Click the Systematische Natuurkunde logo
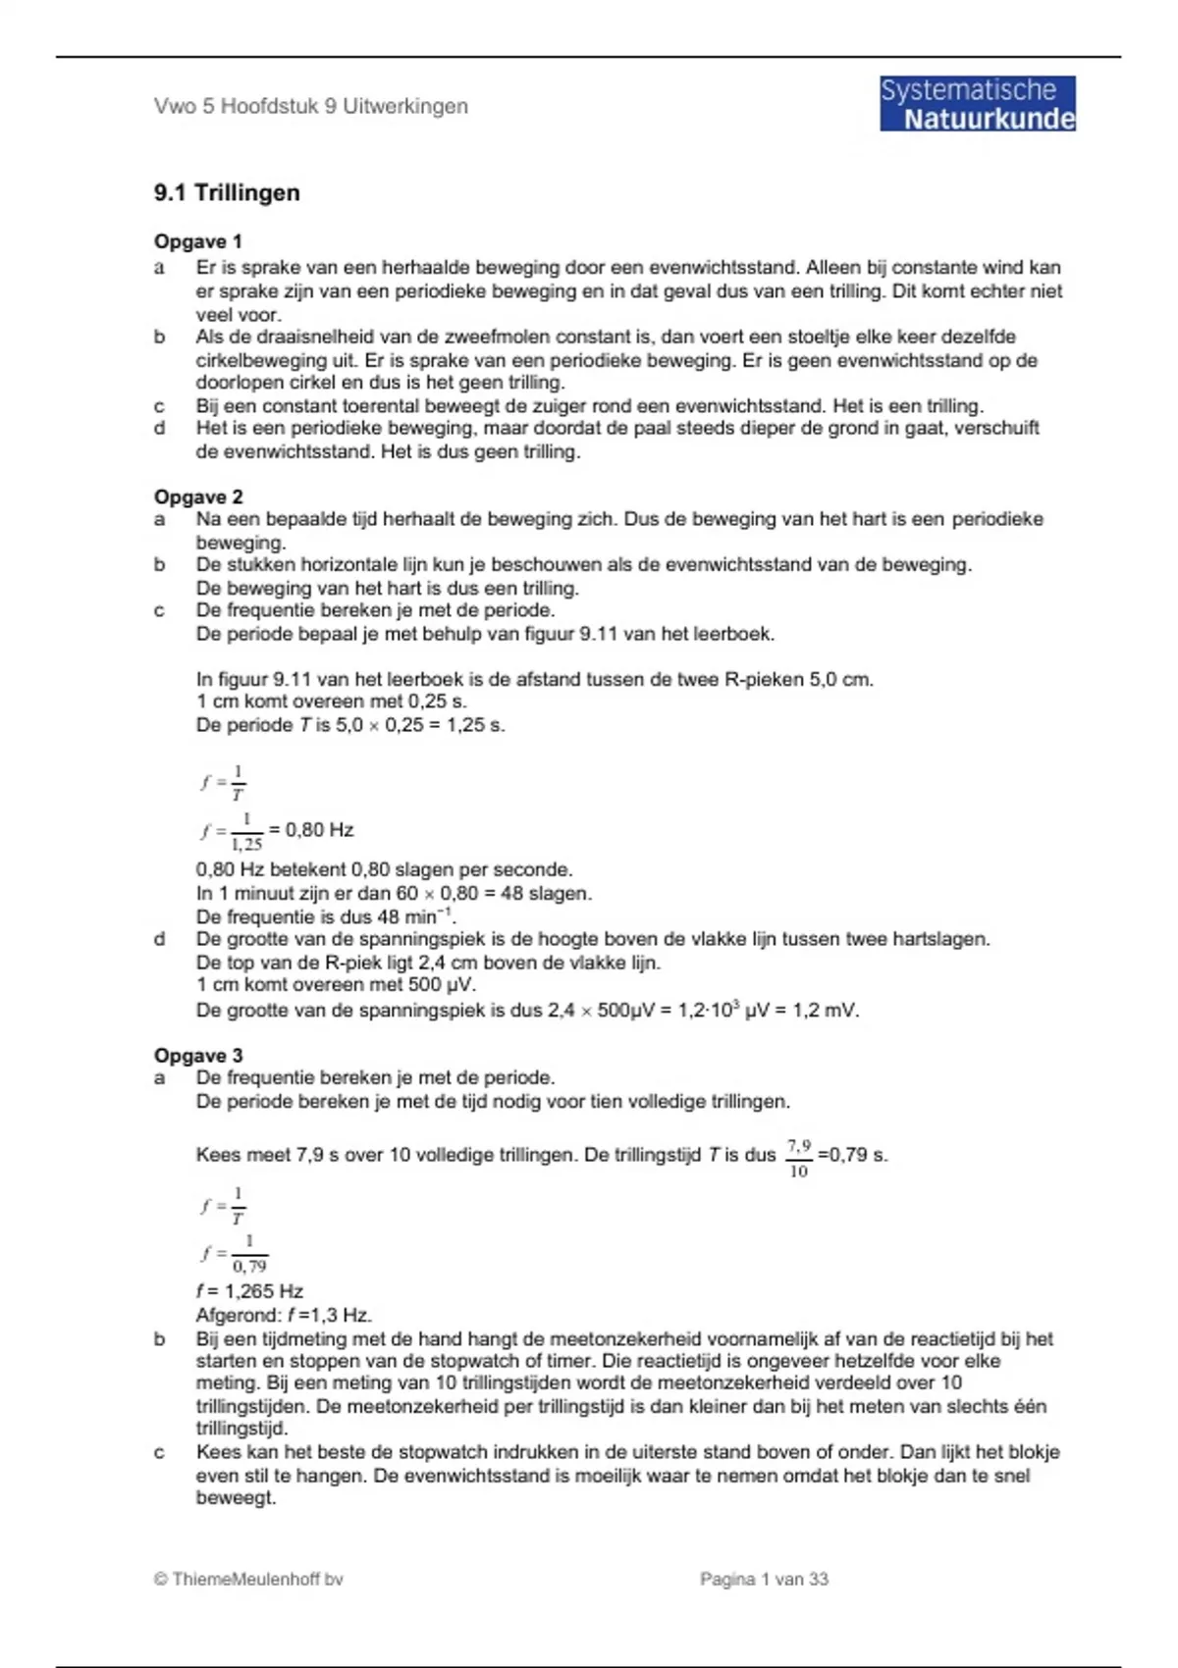tap(977, 104)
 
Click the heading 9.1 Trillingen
tap(227, 192)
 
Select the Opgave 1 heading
tap(197, 241)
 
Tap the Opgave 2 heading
tap(197, 496)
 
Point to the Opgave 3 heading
tap(197, 1056)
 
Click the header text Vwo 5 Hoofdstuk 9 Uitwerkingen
tap(310, 106)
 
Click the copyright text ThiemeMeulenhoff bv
tap(248, 1579)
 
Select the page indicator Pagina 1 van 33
tap(764, 1579)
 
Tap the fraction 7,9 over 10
tap(798, 1158)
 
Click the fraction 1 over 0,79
tap(248, 1254)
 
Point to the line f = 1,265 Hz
tap(249, 1291)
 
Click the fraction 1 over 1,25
tap(246, 831)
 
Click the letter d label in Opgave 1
tap(159, 428)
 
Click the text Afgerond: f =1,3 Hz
tap(284, 1315)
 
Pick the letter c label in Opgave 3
tap(159, 1452)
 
